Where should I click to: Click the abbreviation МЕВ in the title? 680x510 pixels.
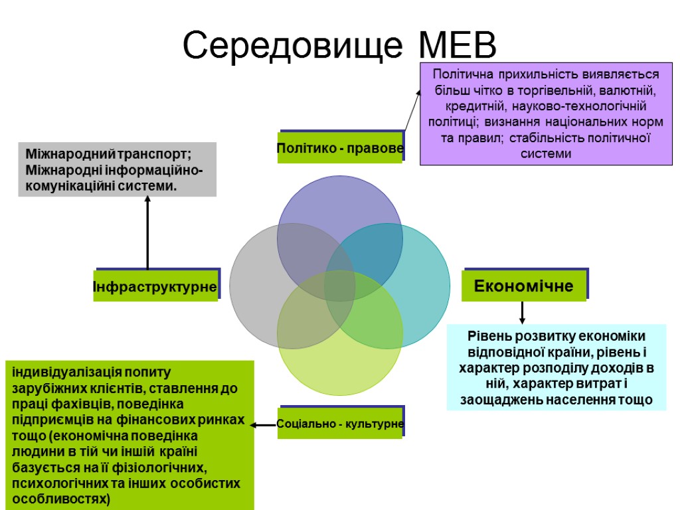coord(458,45)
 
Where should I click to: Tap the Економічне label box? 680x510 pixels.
coord(524,286)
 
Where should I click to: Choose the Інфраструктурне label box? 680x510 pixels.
coord(155,288)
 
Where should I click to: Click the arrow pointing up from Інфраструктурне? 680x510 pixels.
coord(147,232)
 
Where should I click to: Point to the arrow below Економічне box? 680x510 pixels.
coord(522,313)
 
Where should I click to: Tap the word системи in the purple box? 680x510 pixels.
coord(545,154)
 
